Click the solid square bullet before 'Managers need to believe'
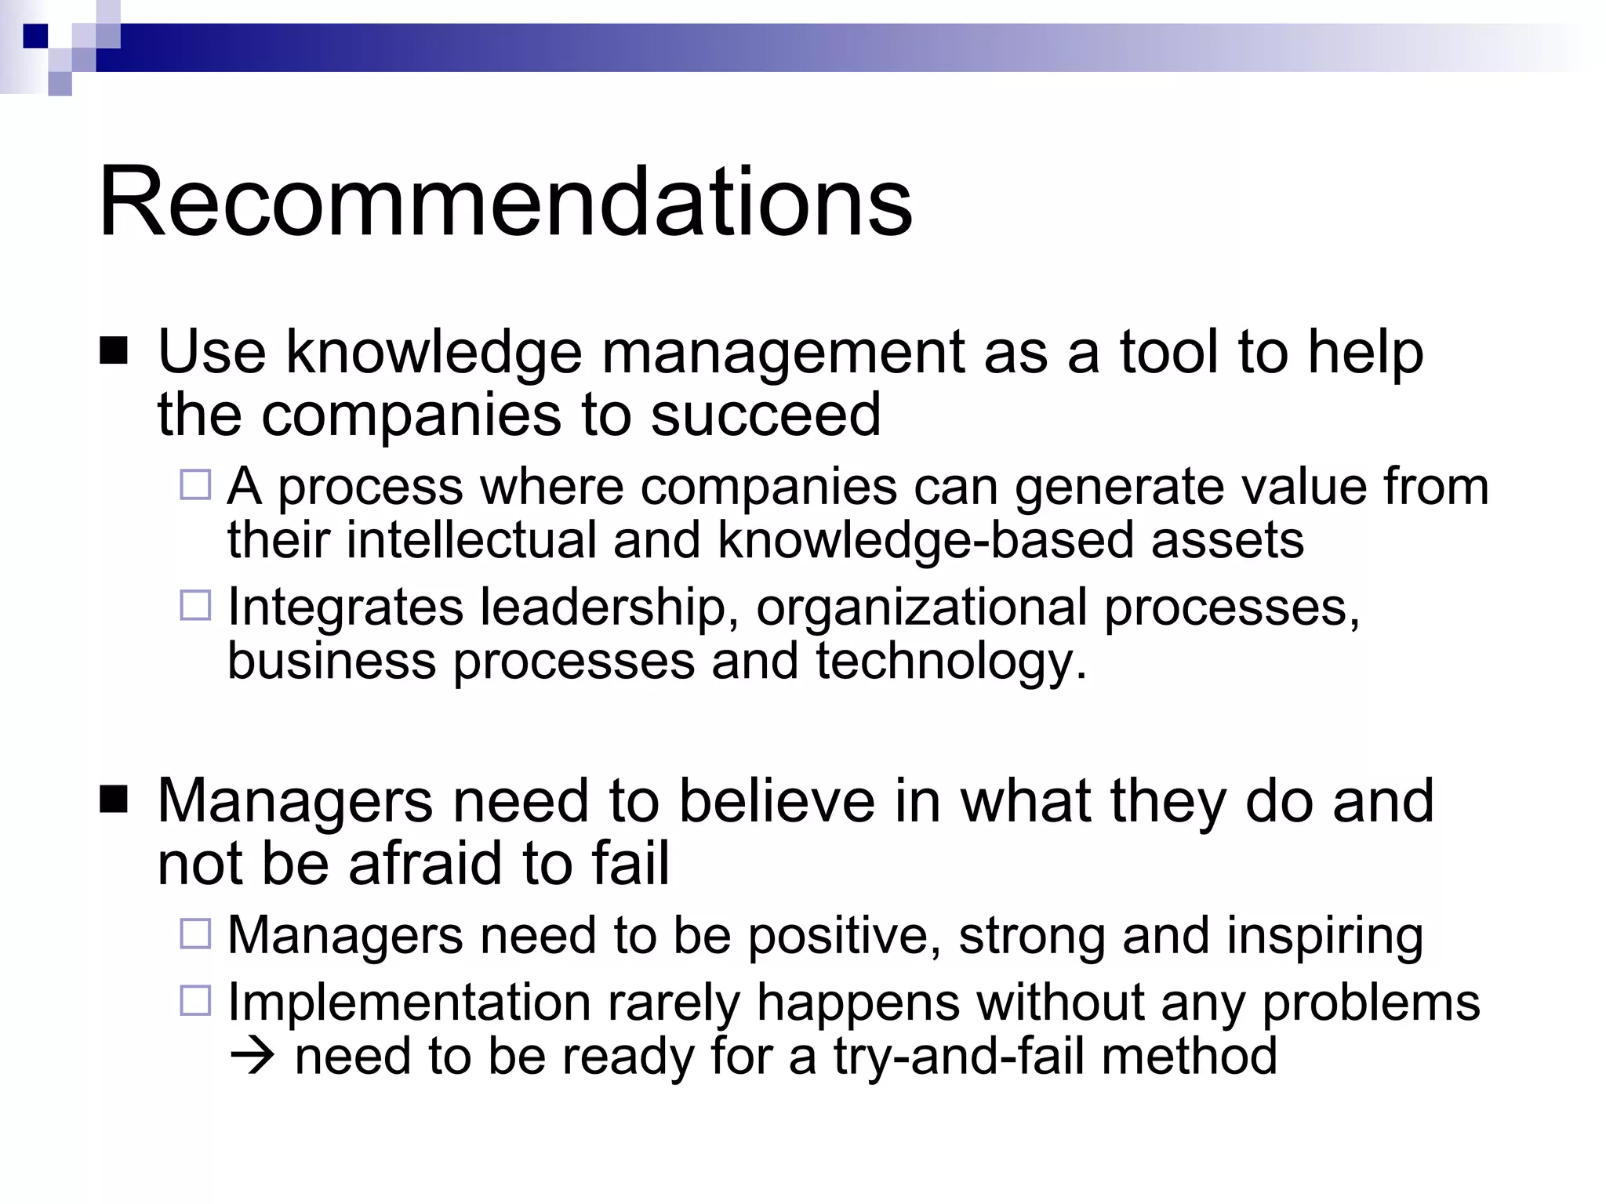(114, 800)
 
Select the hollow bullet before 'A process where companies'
(195, 485)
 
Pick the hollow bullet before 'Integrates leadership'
(195, 606)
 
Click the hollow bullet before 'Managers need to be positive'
(195, 934)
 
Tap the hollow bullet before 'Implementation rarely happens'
(195, 1001)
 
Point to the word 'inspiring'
(1324, 936)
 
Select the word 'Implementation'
(409, 1003)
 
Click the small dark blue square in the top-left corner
(36, 36)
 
